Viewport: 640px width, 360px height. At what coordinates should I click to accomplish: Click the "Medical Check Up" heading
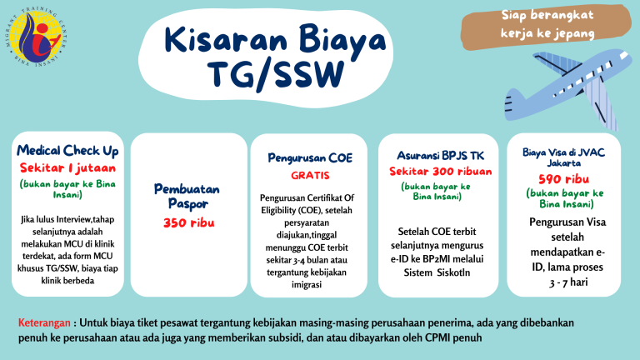(x=68, y=151)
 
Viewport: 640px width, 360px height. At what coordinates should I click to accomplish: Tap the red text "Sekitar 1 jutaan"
(x=68, y=167)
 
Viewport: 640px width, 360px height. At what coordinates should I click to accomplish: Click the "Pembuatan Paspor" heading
(x=187, y=196)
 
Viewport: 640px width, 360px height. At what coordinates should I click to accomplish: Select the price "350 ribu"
(x=187, y=222)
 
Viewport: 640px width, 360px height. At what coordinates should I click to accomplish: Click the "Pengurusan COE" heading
(x=310, y=157)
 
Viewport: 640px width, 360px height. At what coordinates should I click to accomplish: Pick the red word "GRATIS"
(x=310, y=176)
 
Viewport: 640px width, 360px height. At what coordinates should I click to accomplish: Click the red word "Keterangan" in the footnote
(x=44, y=322)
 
